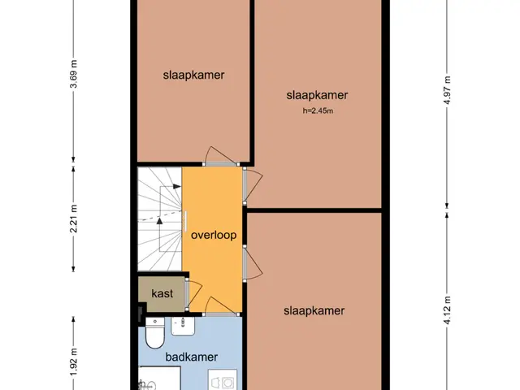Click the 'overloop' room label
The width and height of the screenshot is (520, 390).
click(x=214, y=235)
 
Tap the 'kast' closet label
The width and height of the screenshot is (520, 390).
click(x=162, y=293)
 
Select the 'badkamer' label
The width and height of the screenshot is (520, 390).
click(x=192, y=357)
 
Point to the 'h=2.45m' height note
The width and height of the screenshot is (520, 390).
click(x=318, y=110)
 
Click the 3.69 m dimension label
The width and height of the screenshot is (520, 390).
click(x=74, y=74)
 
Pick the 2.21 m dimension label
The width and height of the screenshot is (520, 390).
click(x=74, y=219)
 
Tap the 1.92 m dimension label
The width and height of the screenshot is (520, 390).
click(x=74, y=362)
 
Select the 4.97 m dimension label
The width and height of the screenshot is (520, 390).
click(x=447, y=90)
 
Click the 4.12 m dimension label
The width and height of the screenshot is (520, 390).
click(x=447, y=310)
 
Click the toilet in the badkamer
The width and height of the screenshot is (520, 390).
click(x=155, y=332)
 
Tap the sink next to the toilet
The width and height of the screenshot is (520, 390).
click(x=183, y=326)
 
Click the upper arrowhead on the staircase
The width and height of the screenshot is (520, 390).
click(x=177, y=186)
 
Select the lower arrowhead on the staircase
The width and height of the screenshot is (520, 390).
click(x=159, y=221)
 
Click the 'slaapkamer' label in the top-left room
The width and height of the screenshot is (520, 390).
click(x=193, y=76)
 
